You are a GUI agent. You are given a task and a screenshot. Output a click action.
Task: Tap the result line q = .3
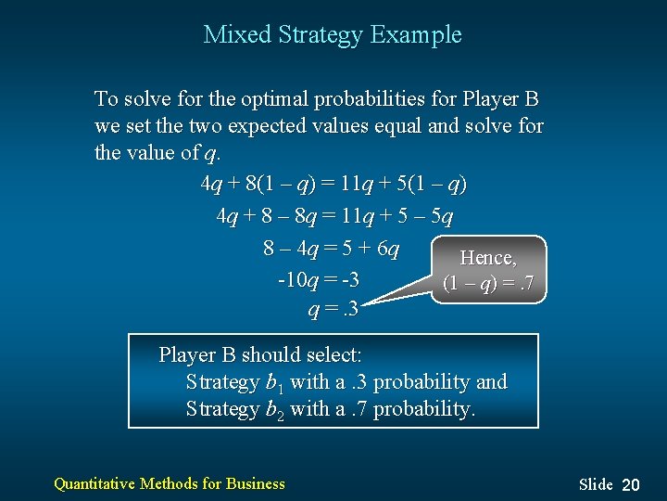tap(333, 308)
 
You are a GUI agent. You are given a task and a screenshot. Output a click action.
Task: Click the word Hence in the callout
tap(488, 258)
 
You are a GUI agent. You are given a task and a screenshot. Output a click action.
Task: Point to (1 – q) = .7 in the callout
tap(488, 283)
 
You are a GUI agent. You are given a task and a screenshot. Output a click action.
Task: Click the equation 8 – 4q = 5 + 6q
tap(331, 250)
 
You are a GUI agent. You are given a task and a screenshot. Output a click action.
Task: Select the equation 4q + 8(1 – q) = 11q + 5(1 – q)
tap(333, 184)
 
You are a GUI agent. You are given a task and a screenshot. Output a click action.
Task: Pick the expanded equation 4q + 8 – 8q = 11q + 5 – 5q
tap(333, 217)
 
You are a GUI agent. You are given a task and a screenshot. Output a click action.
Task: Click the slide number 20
tap(631, 484)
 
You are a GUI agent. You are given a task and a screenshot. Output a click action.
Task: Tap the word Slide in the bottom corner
tap(596, 484)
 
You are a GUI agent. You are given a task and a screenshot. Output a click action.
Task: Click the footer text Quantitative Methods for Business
tap(170, 483)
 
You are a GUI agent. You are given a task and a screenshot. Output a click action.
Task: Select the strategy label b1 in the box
tap(275, 383)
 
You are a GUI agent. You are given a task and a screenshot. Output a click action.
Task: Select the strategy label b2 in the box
tap(275, 410)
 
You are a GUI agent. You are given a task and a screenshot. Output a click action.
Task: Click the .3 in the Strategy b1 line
tap(351, 382)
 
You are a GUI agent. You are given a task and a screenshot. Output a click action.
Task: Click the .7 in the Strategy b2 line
tap(351, 409)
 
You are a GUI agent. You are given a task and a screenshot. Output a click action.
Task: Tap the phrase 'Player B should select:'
tap(260, 354)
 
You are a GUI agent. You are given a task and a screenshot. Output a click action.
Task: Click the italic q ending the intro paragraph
tap(216, 153)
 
